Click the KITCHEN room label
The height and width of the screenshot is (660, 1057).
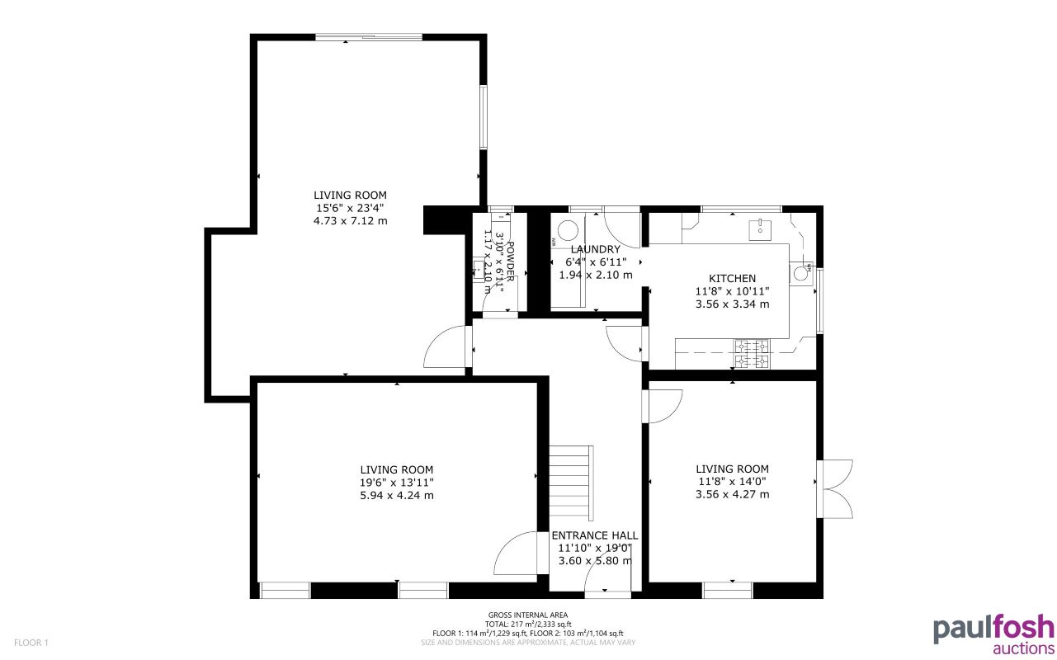[x=732, y=279]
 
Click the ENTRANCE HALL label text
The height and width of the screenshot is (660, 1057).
[x=594, y=535]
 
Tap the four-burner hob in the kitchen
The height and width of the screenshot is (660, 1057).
[x=752, y=354]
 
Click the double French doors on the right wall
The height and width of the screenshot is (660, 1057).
[x=833, y=488]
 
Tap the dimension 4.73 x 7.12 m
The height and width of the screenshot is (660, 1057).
[x=350, y=221]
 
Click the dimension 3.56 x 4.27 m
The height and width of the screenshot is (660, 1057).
[x=732, y=494]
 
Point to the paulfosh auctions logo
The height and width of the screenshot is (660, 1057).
[x=993, y=633]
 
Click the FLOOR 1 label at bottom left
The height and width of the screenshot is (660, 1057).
[x=32, y=642]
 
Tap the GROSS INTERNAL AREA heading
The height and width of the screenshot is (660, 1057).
[x=528, y=615]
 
